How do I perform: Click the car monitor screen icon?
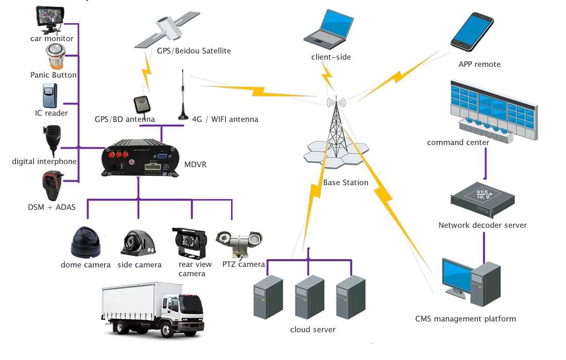[x=50, y=17]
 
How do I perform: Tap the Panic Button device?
[x=56, y=57]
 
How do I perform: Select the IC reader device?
[x=50, y=96]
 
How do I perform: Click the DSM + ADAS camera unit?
[x=52, y=186]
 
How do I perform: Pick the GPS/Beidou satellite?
[x=167, y=30]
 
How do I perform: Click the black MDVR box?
[x=140, y=158]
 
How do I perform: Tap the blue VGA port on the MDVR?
[x=162, y=156]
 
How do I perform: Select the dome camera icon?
[x=85, y=242]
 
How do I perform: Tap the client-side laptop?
[x=328, y=30]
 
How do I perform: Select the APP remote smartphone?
[x=472, y=32]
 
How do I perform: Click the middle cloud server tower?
[x=309, y=297]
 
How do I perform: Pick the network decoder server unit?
[x=482, y=200]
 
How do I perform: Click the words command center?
[x=458, y=142]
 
